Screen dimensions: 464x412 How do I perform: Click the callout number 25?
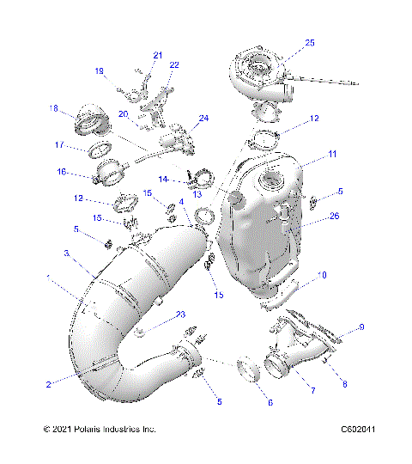[310, 42]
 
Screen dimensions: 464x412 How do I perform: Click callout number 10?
[322, 276]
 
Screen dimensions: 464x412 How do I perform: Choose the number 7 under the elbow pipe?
[312, 392]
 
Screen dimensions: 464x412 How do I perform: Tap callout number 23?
[181, 314]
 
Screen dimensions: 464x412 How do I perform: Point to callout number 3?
[65, 253]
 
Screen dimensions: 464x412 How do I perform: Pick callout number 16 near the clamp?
[61, 172]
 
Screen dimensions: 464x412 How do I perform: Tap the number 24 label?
[203, 118]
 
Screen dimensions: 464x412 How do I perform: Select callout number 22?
[174, 65]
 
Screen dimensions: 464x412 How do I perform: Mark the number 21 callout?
[157, 55]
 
